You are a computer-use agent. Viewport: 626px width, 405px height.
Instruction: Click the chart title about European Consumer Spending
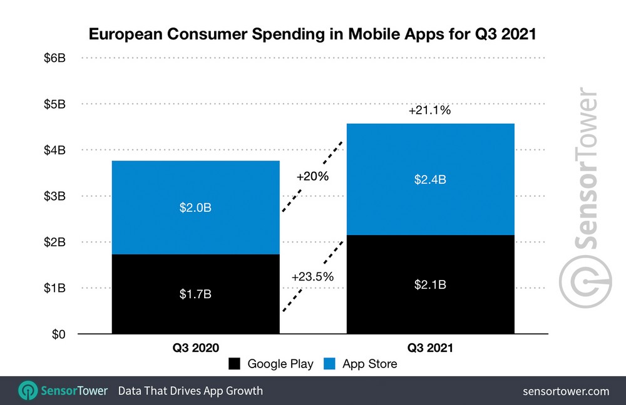pos(312,34)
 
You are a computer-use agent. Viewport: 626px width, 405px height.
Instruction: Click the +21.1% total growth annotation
pos(429,111)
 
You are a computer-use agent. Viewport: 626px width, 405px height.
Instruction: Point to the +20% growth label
pos(312,176)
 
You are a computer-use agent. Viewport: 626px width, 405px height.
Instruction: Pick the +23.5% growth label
pos(312,276)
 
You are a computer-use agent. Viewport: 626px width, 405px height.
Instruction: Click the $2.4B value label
pos(430,180)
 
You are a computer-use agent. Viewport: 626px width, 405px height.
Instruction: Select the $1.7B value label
pos(195,293)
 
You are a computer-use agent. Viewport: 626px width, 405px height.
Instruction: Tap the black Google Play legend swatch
pos(235,364)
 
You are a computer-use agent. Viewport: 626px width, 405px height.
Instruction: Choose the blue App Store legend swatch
pos(329,364)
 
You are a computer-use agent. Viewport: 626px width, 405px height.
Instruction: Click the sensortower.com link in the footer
pos(565,391)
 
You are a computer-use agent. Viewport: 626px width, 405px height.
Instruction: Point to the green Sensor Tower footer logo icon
pos(28,391)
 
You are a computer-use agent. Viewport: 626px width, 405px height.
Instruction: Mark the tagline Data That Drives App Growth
pos(190,391)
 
